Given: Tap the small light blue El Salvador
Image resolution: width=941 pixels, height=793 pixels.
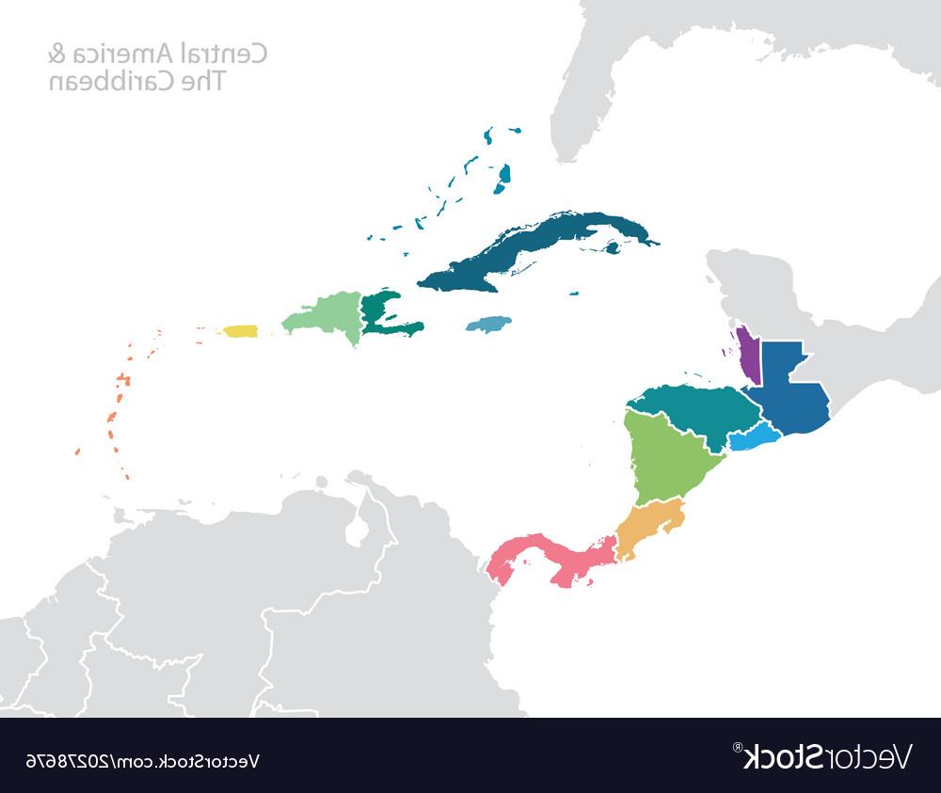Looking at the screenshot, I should pos(754,437).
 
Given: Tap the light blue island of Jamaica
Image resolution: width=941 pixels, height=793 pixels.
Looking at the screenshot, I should pos(489,325).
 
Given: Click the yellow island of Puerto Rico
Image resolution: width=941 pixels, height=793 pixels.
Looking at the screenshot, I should pos(240,331).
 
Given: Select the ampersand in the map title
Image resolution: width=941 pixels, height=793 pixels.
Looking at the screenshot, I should pos(56,55).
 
